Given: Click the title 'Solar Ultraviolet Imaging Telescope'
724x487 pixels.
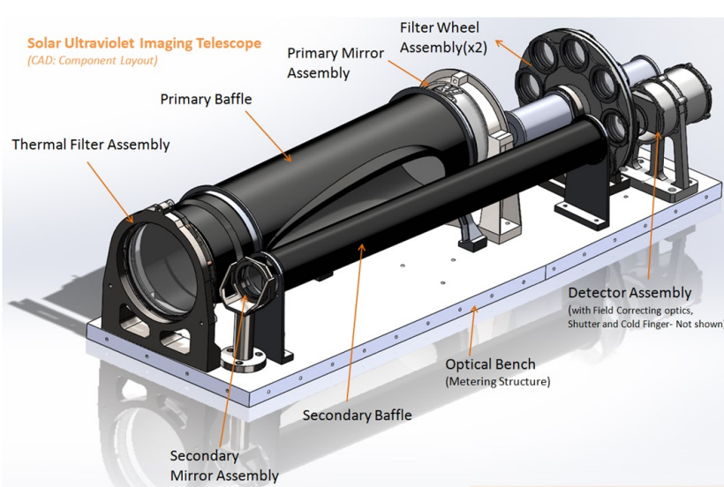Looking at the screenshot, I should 144,42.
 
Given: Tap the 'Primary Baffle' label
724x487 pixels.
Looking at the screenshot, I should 206,99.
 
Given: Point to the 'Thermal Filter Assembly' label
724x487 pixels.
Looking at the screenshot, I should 90,144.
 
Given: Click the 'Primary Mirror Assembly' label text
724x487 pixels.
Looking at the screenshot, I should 336,64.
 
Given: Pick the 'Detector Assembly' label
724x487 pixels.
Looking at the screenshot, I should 629,292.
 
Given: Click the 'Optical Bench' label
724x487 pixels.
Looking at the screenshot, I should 490,363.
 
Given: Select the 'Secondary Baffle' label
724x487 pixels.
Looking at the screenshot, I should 357,413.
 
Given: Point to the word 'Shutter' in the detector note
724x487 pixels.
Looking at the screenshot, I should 592,324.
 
